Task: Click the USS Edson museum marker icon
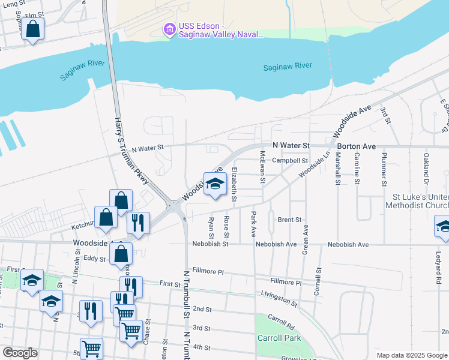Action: [x=169, y=29]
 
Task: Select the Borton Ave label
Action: [x=356, y=146]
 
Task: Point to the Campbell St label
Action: [x=289, y=161]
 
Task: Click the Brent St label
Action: [x=289, y=220]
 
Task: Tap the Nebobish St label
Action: [x=210, y=244]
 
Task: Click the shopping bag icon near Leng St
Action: [x=33, y=29]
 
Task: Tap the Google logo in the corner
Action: [x=20, y=352]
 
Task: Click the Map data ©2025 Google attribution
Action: [x=411, y=355]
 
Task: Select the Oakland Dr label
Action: [x=427, y=169]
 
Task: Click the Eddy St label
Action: [x=95, y=259]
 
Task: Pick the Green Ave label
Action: [x=306, y=238]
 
